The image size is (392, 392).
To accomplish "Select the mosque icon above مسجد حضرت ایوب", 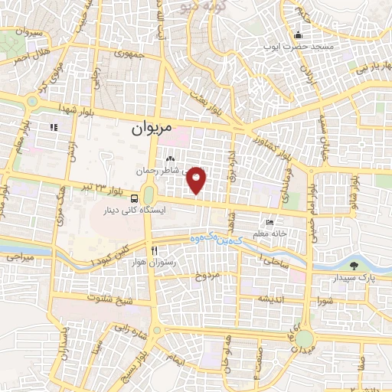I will tap(298, 34).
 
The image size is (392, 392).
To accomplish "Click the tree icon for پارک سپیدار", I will tap(353, 266).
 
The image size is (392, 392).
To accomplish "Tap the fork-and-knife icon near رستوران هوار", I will tap(155, 251).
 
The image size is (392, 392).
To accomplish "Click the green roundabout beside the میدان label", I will tap(304, 338).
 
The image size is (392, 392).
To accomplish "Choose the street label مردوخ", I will tap(206, 273).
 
